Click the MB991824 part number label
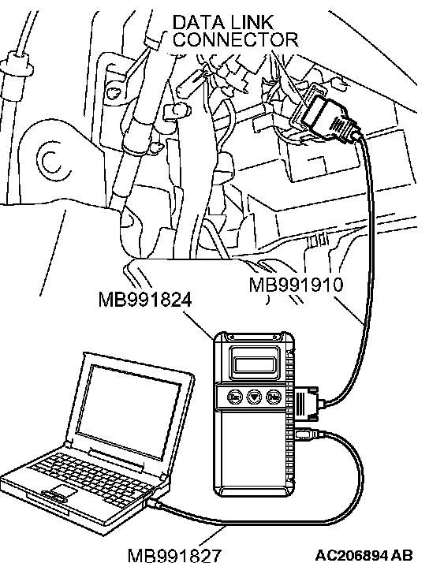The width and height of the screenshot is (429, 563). tap(145, 300)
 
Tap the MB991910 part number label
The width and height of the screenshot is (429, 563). tap(297, 285)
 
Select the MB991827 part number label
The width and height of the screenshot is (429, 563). tap(175, 555)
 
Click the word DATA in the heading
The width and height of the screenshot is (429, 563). tap(199, 22)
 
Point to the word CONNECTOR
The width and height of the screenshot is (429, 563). tap(236, 39)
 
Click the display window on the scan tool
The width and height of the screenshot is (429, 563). tap(256, 364)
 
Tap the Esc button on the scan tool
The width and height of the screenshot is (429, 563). tap(235, 397)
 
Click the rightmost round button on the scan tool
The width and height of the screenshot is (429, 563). tap(274, 397)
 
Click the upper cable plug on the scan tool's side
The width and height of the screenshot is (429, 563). tap(308, 401)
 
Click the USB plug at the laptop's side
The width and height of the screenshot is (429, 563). tap(155, 503)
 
